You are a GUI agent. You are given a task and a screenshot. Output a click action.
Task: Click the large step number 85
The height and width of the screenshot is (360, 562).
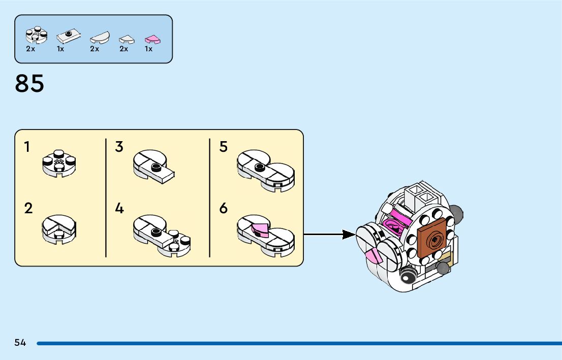click(x=29, y=84)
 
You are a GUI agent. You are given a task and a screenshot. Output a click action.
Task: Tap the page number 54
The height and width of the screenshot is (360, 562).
click(x=20, y=343)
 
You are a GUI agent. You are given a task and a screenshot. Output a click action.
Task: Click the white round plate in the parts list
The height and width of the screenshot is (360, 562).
click(x=36, y=35)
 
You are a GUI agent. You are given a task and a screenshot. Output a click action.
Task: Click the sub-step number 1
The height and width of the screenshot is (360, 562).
click(x=27, y=147)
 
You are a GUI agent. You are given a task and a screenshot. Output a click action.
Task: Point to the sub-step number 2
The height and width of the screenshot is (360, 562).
click(x=28, y=208)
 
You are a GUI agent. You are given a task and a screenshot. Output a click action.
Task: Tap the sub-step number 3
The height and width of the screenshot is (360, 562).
click(x=119, y=147)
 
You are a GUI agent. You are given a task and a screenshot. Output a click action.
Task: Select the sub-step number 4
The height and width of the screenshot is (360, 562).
click(x=119, y=208)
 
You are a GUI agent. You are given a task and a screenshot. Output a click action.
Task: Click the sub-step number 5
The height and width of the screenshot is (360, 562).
click(x=224, y=147)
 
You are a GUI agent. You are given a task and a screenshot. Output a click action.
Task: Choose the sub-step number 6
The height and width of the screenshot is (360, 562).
click(x=224, y=208)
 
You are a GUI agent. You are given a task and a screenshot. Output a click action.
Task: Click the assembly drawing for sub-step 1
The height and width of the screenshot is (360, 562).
click(x=59, y=162)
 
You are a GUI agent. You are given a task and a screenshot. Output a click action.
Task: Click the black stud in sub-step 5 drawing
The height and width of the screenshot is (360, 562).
click(x=259, y=166)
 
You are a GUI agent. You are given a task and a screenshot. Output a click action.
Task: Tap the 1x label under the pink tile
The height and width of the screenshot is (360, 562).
click(x=148, y=49)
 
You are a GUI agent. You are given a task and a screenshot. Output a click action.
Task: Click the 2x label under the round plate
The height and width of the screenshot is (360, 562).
click(x=30, y=49)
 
